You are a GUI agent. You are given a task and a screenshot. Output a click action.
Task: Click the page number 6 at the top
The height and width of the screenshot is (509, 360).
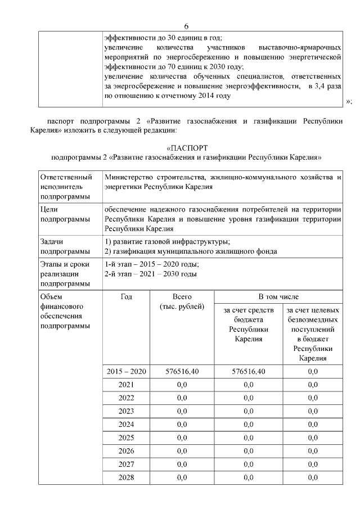(186, 26)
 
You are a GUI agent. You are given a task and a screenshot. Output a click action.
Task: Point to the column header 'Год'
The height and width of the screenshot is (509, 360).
(126, 296)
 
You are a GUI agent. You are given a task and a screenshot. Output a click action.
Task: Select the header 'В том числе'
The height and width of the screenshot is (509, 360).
(278, 296)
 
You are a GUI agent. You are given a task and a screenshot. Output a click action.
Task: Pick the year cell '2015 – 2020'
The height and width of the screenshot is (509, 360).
(126, 371)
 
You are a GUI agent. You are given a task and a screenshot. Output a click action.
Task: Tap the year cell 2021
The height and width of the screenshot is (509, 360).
(126, 385)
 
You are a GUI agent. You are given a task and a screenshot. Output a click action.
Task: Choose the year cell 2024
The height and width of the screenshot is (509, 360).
(126, 425)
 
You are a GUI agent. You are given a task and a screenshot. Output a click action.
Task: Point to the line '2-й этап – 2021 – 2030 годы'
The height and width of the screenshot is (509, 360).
(150, 274)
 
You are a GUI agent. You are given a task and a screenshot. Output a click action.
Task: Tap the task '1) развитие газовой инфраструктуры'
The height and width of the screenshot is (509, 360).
(167, 241)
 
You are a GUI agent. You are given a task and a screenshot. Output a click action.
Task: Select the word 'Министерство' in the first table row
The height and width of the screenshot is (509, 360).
(128, 177)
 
